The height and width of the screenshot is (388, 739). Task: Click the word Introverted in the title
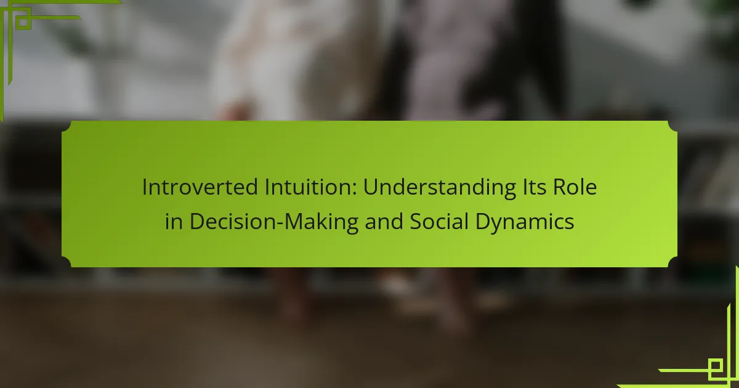tap(200, 187)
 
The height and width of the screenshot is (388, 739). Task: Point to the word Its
tap(534, 187)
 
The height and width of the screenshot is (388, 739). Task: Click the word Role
tap(575, 187)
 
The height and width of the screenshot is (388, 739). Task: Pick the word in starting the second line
tap(174, 221)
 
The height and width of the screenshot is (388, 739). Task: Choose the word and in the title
tap(384, 221)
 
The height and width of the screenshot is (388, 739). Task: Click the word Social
tap(439, 221)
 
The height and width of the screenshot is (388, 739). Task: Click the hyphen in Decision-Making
tap(280, 223)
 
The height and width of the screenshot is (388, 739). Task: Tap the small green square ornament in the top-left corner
tap(23, 22)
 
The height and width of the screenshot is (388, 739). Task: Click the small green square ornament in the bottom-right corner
tap(715, 366)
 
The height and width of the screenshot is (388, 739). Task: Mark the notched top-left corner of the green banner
tap(66, 126)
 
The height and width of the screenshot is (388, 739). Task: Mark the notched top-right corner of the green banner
tap(672, 126)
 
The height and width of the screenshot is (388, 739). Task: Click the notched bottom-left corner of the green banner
tap(66, 262)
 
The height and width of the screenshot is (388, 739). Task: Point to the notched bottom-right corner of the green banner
tap(672, 262)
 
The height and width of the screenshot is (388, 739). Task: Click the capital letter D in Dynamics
tap(483, 221)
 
